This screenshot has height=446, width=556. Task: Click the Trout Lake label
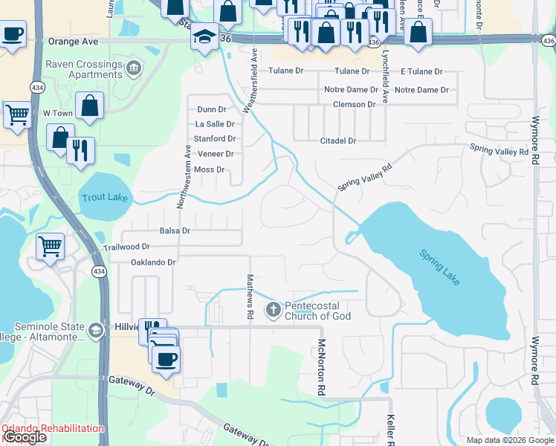tap(104, 198)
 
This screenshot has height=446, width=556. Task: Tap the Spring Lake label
tap(439, 268)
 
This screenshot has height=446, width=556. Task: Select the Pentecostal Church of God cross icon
tap(273, 308)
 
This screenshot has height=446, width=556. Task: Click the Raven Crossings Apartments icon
tap(134, 70)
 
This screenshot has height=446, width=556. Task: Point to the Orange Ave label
tap(74, 42)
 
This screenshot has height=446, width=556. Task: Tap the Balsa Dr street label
tap(175, 230)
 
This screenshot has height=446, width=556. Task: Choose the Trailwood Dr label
tap(126, 246)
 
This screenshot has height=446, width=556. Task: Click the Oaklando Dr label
tap(152, 262)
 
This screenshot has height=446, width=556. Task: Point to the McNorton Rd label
tap(322, 367)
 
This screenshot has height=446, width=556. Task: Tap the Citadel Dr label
tap(338, 140)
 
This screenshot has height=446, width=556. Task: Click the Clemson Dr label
tap(355, 105)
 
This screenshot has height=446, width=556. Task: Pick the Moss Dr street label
tap(210, 169)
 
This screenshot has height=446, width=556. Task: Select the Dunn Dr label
tap(212, 109)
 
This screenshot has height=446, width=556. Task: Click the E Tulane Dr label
tap(421, 71)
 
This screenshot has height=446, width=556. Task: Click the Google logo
tap(25, 438)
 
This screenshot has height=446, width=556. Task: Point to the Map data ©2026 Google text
tap(509, 440)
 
